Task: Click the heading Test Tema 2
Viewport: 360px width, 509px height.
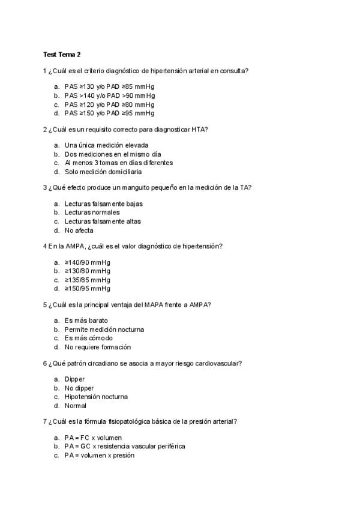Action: point(62,55)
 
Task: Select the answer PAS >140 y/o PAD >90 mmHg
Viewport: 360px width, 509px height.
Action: point(109,95)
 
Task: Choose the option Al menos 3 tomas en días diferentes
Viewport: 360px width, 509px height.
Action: point(118,163)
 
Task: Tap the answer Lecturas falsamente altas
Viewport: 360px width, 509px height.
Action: point(103,221)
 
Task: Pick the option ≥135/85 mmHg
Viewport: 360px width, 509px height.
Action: point(87,280)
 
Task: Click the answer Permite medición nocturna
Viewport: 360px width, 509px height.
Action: point(104,330)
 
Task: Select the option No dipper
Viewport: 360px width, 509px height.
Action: point(79,388)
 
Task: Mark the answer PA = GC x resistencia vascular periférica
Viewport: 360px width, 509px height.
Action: point(124,447)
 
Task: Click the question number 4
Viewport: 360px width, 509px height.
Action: point(45,246)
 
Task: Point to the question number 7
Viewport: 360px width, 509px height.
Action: point(45,421)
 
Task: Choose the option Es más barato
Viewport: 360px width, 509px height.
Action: point(86,321)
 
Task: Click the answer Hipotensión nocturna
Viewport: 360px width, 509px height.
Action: point(96,397)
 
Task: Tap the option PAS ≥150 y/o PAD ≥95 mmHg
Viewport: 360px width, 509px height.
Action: point(109,113)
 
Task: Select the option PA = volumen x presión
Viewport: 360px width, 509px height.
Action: point(99,456)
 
